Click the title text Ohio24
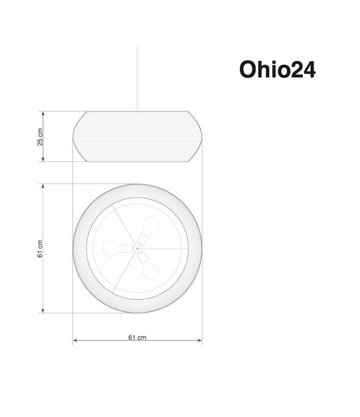tap(277, 69)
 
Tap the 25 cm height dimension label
tap(40, 136)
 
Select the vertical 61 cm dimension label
tap(40, 248)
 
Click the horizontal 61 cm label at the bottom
tap(137, 337)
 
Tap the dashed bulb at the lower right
tap(152, 269)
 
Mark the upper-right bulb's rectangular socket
tap(143, 238)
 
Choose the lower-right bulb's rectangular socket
tap(143, 258)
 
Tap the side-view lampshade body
tap(137, 136)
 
